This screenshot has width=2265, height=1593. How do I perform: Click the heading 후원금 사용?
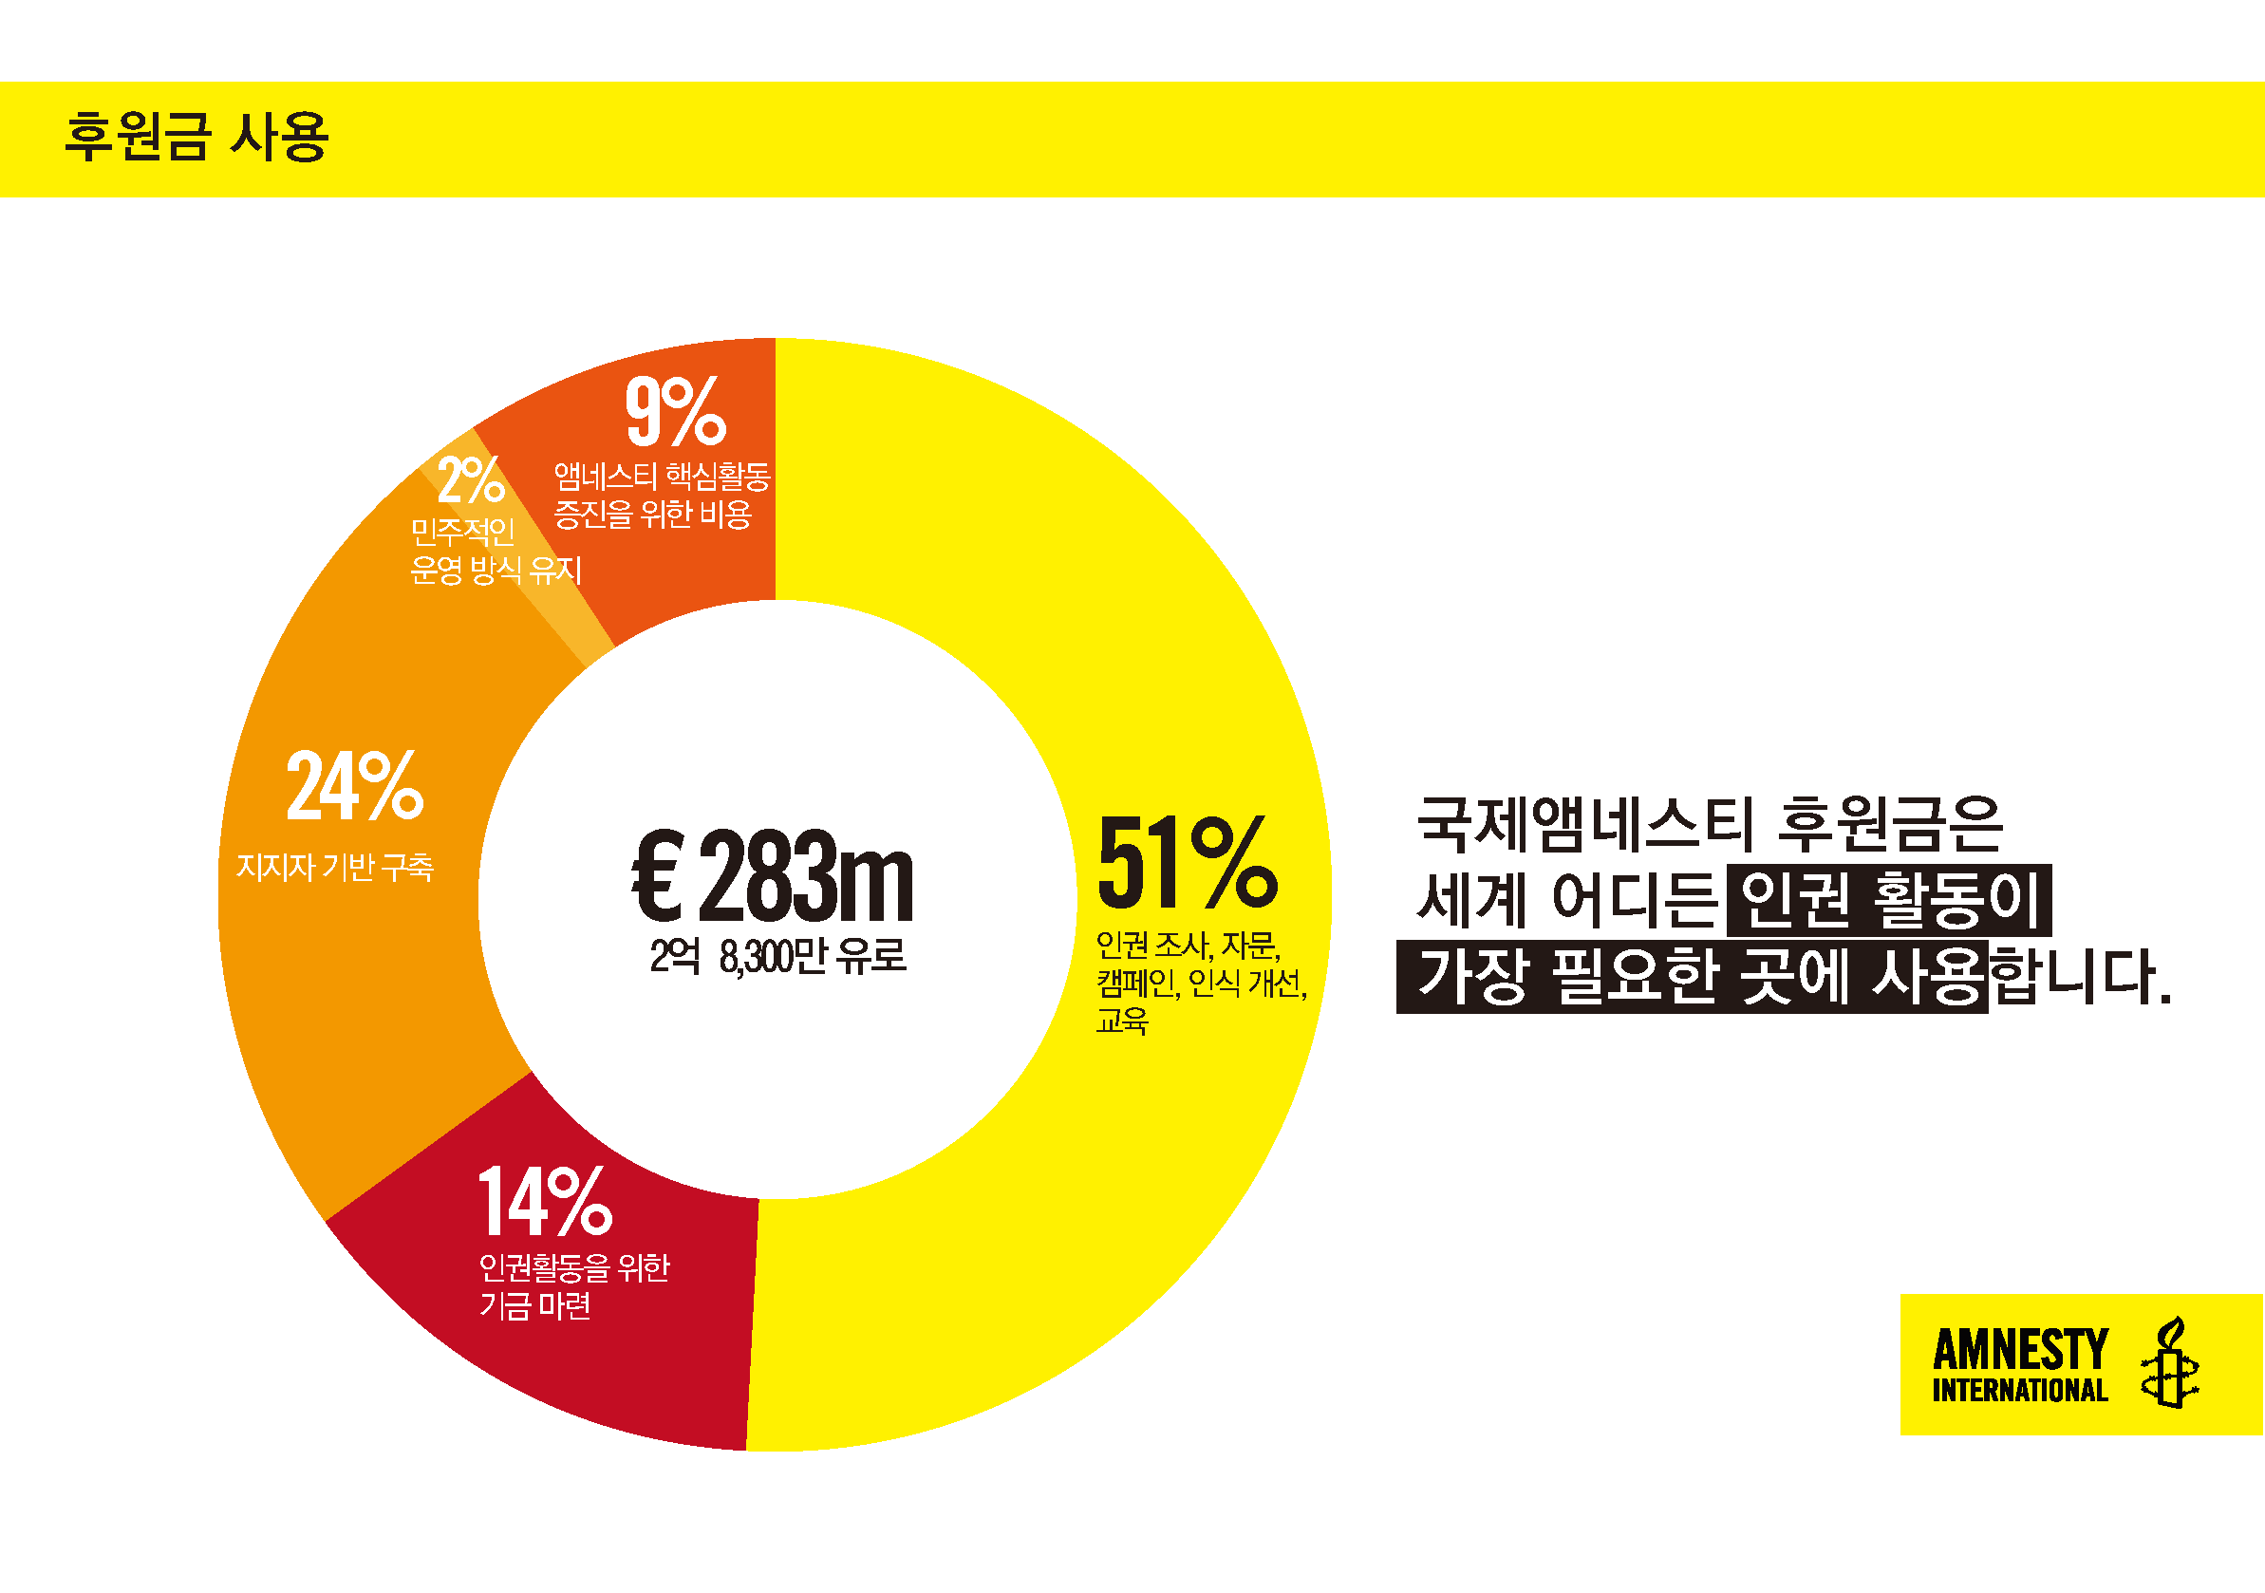pos(197,136)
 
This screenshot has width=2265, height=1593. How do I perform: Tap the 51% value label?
pos(1187,862)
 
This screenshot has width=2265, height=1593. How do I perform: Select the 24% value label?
pos(354,786)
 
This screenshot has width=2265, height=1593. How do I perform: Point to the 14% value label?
pos(545,1202)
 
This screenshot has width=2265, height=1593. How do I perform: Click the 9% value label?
pos(676,410)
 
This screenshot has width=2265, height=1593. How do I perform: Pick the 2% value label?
pos(471,480)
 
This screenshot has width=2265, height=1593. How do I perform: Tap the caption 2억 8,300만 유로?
pos(777,956)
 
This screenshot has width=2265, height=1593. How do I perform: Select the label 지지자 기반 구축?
pos(334,867)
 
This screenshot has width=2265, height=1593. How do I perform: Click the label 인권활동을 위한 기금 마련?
pos(573,1286)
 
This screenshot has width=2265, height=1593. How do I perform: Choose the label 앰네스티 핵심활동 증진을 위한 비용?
pos(661,496)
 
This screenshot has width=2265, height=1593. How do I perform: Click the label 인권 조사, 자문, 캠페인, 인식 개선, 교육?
pos(1200,983)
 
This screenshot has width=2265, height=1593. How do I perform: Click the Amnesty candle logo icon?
pos(2170,1364)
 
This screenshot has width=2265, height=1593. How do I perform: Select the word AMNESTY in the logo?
pos(2019,1349)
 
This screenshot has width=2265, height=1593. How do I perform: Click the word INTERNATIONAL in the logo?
pos(2019,1391)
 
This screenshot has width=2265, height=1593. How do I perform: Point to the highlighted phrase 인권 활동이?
pos(1888,901)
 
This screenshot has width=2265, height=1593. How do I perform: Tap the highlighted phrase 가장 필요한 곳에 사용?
pos(1691,977)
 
